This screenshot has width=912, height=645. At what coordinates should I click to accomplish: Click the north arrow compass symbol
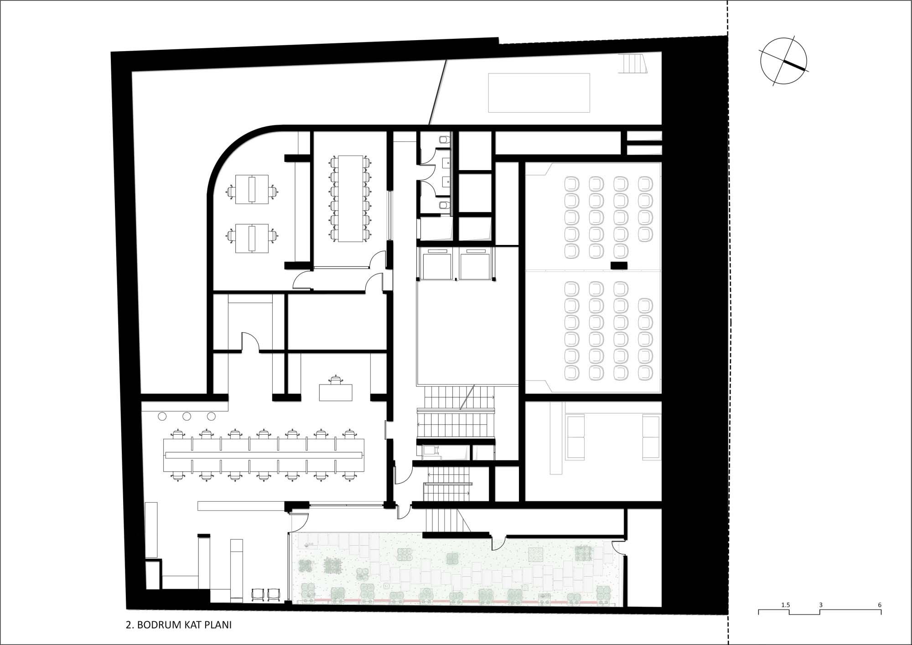(783, 61)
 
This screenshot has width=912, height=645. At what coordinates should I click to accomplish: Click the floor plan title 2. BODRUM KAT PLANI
(179, 625)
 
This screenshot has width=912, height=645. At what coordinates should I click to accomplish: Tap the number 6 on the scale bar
(880, 605)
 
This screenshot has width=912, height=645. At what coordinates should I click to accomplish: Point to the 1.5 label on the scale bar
(785, 605)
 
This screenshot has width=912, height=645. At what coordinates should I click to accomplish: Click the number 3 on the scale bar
(820, 605)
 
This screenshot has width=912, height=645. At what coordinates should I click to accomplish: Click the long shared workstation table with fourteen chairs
(264, 455)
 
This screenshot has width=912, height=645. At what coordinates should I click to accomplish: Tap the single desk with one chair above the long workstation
(336, 389)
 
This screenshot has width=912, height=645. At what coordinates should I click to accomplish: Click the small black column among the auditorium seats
(619, 265)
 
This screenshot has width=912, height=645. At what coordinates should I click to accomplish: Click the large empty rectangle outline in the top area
(539, 93)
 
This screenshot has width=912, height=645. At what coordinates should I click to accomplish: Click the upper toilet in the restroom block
(444, 139)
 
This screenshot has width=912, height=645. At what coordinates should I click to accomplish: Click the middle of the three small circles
(187, 416)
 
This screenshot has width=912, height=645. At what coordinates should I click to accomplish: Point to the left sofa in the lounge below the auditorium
(575, 437)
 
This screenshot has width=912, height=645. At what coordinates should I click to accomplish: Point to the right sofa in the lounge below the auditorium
(651, 437)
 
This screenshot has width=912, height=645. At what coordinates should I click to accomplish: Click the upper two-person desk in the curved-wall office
(252, 189)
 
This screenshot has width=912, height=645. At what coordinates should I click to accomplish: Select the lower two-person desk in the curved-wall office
(252, 238)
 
